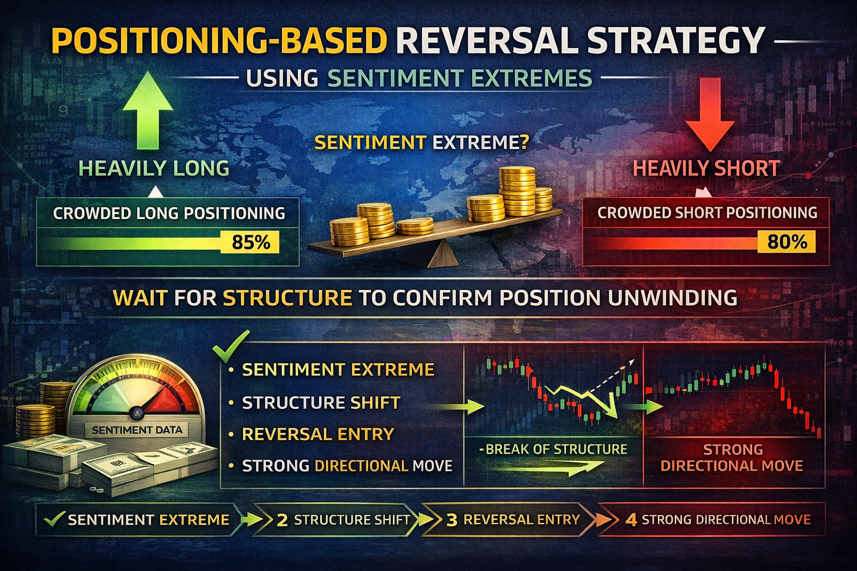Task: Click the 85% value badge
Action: click(250, 241)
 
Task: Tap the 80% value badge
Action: click(787, 241)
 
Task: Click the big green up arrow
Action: click(148, 110)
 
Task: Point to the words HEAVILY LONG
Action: click(154, 168)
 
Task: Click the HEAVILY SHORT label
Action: click(707, 168)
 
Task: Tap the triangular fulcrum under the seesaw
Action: click(442, 254)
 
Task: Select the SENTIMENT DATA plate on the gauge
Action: click(137, 430)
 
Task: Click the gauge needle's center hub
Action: click(137, 412)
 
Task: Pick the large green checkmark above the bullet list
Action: click(231, 346)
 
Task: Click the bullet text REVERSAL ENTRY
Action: click(318, 434)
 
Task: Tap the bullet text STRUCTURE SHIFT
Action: click(321, 403)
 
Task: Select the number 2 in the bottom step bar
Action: click(282, 520)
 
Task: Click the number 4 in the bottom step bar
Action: click(631, 520)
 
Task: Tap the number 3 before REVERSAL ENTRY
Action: click(452, 520)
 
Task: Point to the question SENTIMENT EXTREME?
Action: click(422, 143)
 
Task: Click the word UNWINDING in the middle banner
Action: click(672, 298)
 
